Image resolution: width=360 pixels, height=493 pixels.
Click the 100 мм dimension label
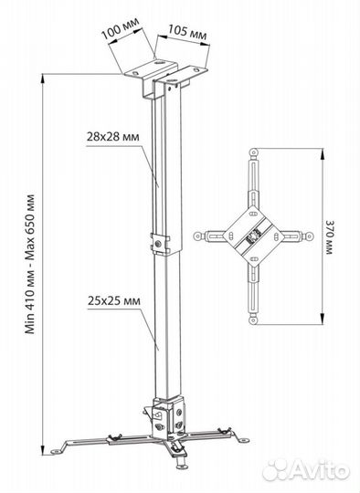[121, 28]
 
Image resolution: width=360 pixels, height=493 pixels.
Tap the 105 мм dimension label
[187, 32]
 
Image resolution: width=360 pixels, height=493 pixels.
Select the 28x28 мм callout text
[112, 137]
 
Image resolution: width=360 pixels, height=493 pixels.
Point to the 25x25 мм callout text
[114, 301]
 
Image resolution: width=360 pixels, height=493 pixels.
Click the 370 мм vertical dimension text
[330, 237]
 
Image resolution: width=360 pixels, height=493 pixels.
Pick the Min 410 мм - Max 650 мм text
[30, 264]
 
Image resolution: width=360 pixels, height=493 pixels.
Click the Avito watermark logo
[306, 470]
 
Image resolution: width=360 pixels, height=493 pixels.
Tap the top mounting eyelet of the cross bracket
[253, 153]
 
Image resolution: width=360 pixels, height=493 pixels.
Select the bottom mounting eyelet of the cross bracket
[253, 320]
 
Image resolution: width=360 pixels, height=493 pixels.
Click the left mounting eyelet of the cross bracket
[197, 236]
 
